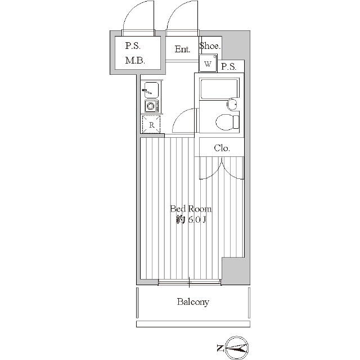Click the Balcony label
(x=193, y=301)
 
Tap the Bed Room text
(x=191, y=209)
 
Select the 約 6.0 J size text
(x=191, y=220)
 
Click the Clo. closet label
(x=222, y=148)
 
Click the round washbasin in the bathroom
(x=232, y=105)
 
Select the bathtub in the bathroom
(x=219, y=89)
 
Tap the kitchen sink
(x=151, y=90)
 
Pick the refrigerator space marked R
(x=151, y=125)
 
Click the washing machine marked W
(x=208, y=64)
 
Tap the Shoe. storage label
(x=210, y=46)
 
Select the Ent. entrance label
(x=182, y=49)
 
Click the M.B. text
(x=135, y=61)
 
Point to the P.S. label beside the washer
(x=229, y=67)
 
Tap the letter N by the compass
(x=220, y=348)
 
